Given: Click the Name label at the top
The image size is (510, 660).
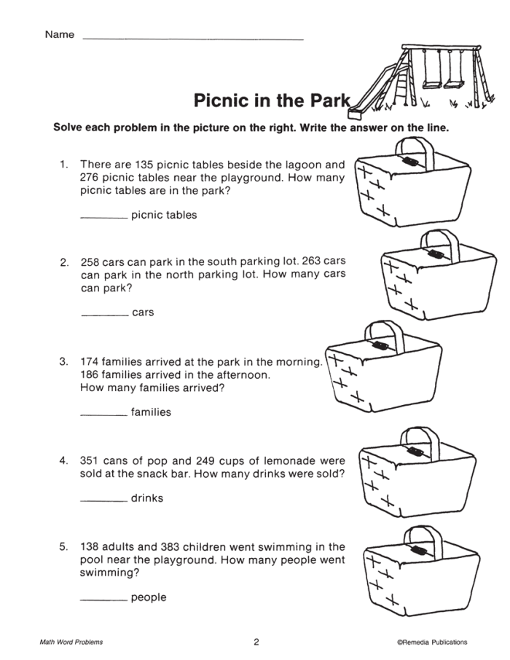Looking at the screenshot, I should click(x=59, y=35).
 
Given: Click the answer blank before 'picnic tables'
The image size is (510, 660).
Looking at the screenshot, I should click(x=103, y=217).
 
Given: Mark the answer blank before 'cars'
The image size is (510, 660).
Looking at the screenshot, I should click(x=103, y=315).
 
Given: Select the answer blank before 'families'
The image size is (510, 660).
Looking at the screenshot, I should click(x=103, y=414).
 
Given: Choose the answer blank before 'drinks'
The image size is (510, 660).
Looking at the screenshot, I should click(x=103, y=500).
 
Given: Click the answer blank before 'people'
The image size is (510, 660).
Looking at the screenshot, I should click(x=103, y=600).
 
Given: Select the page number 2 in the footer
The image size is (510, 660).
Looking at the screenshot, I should click(x=256, y=642).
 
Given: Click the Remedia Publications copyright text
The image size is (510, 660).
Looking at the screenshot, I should click(x=432, y=642).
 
